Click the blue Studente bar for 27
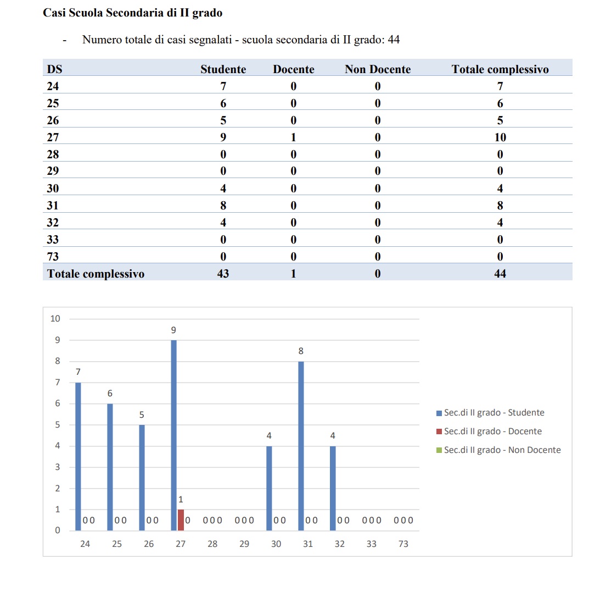pyautogui.click(x=173, y=435)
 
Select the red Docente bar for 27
pyautogui.click(x=181, y=520)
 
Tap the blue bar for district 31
pyautogui.click(x=301, y=445)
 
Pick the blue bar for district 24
pyautogui.click(x=78, y=456)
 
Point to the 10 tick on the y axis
pyautogui.click(x=55, y=319)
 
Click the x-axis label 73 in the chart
pyautogui.click(x=403, y=544)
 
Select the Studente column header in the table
pyautogui.click(x=223, y=69)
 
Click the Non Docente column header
pyautogui.click(x=378, y=69)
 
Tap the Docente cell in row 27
pyautogui.click(x=293, y=137)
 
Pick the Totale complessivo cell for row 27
pyautogui.click(x=500, y=137)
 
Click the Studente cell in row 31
pyautogui.click(x=223, y=206)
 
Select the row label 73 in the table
pyautogui.click(x=53, y=257)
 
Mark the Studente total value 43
pyautogui.click(x=223, y=274)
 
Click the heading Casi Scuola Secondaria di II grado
pyautogui.click(x=133, y=13)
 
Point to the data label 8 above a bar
pyautogui.click(x=301, y=351)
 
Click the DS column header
pyautogui.click(x=54, y=69)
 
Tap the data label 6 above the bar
pyautogui.click(x=110, y=394)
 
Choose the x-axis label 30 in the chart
pyautogui.click(x=276, y=544)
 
